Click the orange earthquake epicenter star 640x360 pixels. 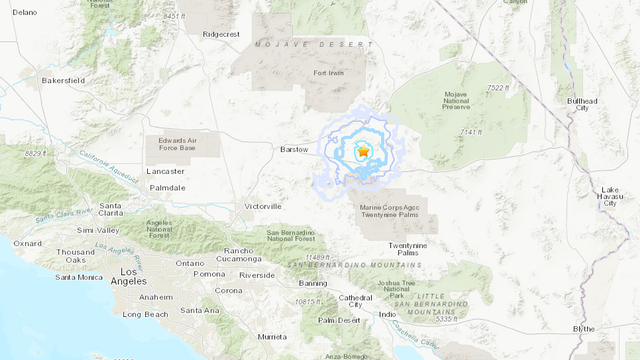coord(364,151)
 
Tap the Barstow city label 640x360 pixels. coord(294,149)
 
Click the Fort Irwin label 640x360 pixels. coord(328,72)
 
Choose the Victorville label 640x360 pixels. coord(263,206)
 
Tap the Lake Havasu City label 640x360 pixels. coord(610,200)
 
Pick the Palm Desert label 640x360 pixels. coord(339,320)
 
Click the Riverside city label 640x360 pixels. coord(257,274)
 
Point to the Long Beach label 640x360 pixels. coord(143,314)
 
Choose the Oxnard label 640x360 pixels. coord(27,243)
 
